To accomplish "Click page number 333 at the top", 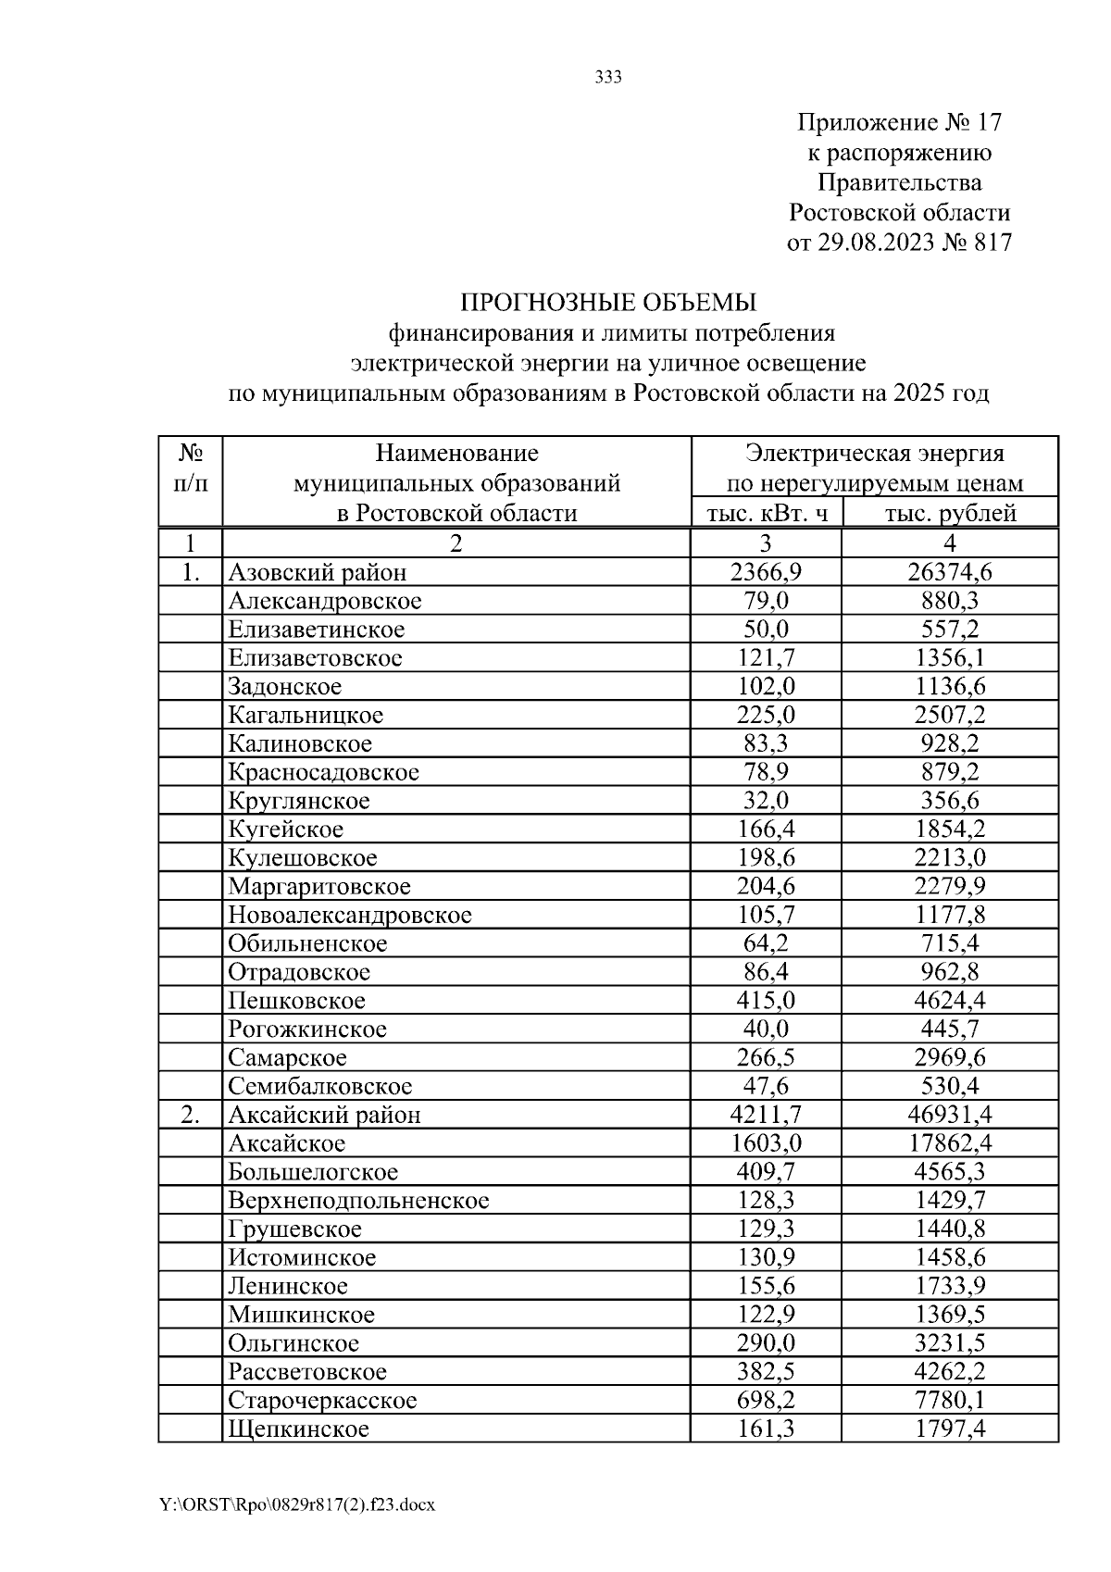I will tap(607, 78).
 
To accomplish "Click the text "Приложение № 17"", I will tap(899, 122).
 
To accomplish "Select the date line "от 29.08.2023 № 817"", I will tap(899, 243).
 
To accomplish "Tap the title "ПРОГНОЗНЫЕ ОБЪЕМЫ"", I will tap(608, 303).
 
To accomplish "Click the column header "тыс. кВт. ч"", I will tap(766, 513).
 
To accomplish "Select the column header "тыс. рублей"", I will tap(950, 513).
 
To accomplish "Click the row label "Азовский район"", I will tap(318, 573).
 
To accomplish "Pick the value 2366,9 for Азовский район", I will tap(766, 573).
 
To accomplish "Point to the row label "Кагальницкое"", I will tap(306, 716).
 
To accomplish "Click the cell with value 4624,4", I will tap(950, 1001).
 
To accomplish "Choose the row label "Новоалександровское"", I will tap(350, 916).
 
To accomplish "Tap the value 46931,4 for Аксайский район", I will tap(950, 1115).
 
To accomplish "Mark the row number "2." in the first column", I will tap(191, 1115).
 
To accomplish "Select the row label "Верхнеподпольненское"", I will tap(358, 1201).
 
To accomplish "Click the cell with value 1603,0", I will tap(766, 1143).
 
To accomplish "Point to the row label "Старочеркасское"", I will tap(322, 1401).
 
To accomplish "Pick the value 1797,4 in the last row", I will tap(950, 1429).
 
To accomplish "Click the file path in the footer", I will tap(297, 1504).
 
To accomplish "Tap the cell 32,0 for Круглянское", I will tap(766, 801).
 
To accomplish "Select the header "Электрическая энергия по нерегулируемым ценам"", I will tap(874, 468).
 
